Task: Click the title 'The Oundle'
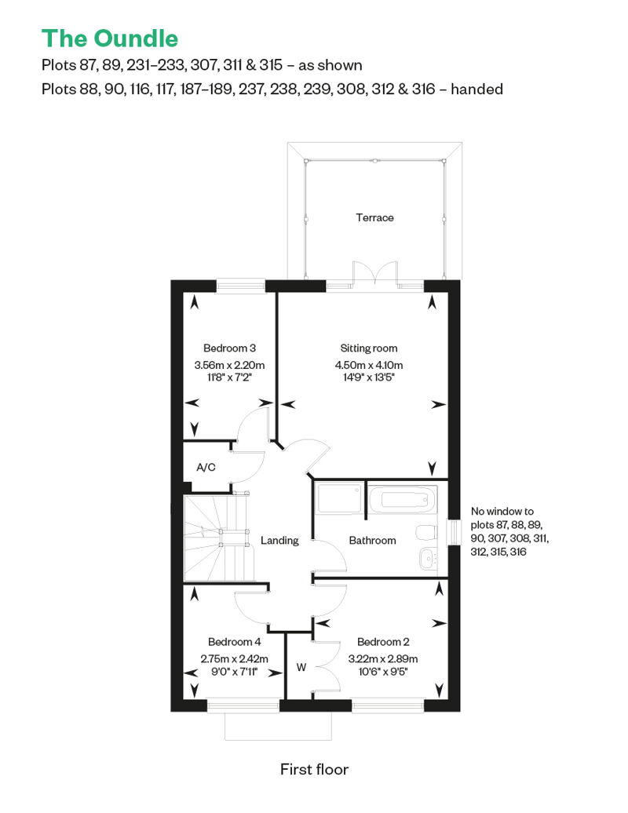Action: pos(109,39)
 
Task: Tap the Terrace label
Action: pos(374,218)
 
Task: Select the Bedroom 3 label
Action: pos(229,348)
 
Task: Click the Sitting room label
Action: pos(369,348)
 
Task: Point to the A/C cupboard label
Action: pos(206,468)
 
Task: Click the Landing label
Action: pos(279,541)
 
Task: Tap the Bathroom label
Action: pos(372,541)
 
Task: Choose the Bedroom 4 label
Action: pos(234,642)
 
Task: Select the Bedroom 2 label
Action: pos(383,642)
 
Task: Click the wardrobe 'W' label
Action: pos(301,668)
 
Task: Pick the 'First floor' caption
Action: pos(314,769)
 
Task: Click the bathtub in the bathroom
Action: pos(403,499)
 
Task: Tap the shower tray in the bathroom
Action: pos(339,499)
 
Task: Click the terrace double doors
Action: pos(375,273)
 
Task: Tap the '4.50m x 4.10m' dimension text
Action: pos(369,366)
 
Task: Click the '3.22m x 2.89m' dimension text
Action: pos(383,659)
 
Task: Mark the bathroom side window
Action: pos(455,532)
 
